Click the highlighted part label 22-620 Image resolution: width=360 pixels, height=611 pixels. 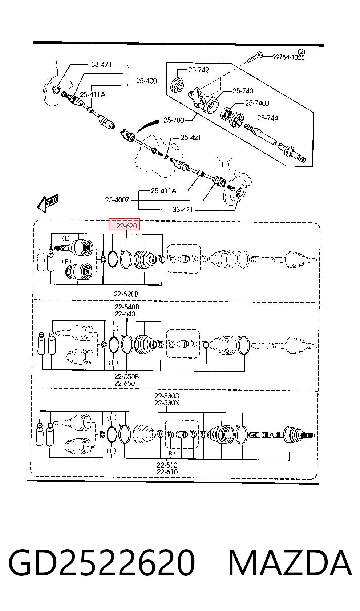pyautogui.click(x=126, y=226)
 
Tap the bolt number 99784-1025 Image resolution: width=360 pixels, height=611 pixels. pyautogui.click(x=288, y=57)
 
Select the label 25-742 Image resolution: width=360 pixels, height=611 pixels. pyautogui.click(x=199, y=70)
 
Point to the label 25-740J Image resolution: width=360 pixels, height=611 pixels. pyautogui.click(x=257, y=103)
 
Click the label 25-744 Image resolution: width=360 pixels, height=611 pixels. pyautogui.click(x=267, y=118)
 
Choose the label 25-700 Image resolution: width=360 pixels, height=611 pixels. pyautogui.click(x=174, y=120)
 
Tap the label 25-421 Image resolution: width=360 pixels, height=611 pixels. pyautogui.click(x=191, y=137)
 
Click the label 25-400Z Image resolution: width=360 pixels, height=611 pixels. pyautogui.click(x=117, y=200)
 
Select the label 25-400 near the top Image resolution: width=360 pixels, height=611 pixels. pyautogui.click(x=146, y=81)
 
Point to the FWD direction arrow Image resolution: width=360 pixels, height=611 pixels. pyautogui.click(x=48, y=203)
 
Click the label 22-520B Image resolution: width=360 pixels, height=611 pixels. pyautogui.click(x=126, y=294)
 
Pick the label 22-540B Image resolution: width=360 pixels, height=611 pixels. pyautogui.click(x=127, y=307)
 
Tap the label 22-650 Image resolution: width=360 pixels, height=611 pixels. pyautogui.click(x=125, y=383)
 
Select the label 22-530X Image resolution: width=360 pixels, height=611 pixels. pyautogui.click(x=167, y=402)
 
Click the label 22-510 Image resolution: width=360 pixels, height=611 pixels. pyautogui.click(x=167, y=465)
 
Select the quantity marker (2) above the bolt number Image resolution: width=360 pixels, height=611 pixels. pyautogui.click(x=302, y=51)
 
